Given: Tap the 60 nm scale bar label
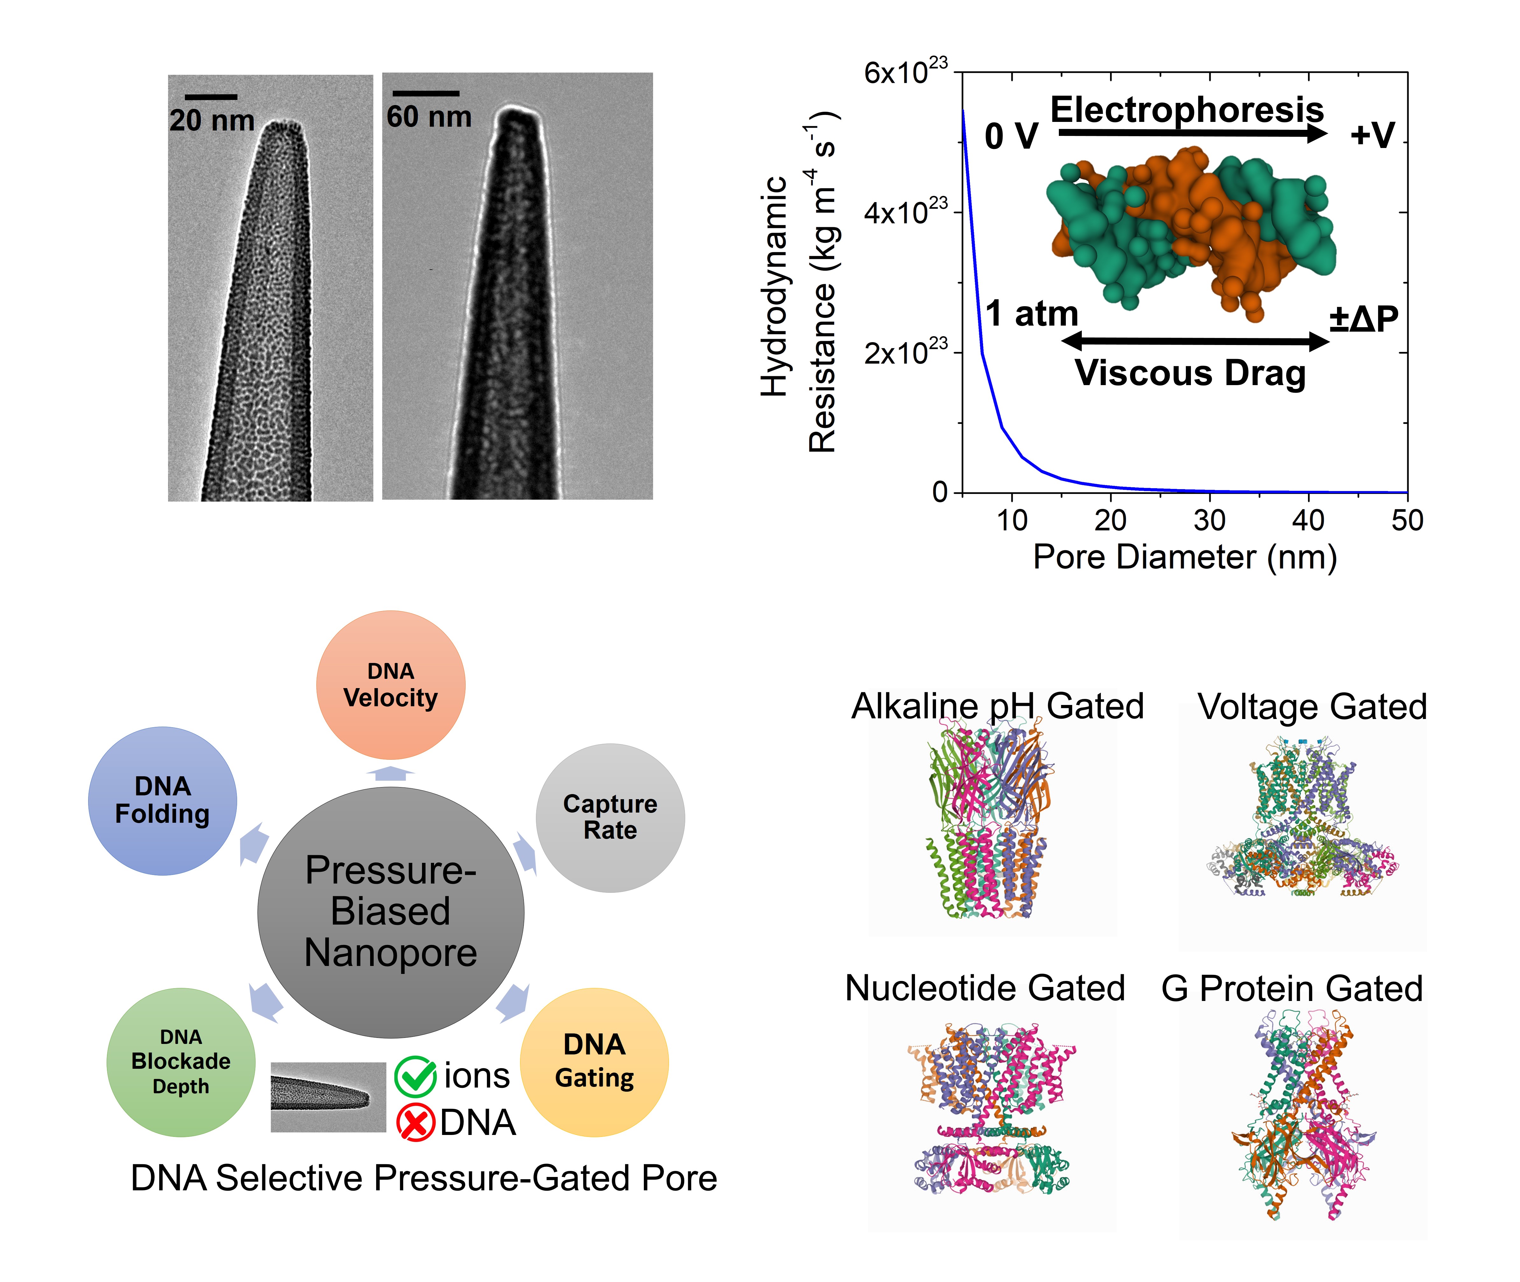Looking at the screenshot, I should click(429, 117).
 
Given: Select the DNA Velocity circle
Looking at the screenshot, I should click(391, 685).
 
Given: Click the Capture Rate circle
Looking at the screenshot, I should click(610, 818).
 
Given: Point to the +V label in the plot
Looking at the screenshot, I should click(1372, 135).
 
